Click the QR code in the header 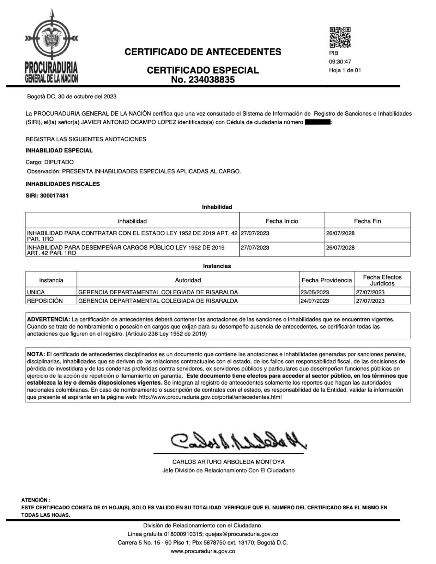[340, 37]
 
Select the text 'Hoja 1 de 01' [345, 70]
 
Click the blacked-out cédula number [317, 122]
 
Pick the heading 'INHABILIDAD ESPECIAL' [59, 151]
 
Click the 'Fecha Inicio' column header [281, 221]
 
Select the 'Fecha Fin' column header [367, 221]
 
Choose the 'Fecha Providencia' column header [327, 280]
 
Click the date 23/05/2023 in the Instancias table [315, 292]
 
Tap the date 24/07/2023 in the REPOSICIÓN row [315, 301]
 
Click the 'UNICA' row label [36, 292]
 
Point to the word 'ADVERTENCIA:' [49, 319]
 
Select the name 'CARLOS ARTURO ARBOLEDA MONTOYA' [228, 462]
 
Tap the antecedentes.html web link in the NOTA [211, 397]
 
